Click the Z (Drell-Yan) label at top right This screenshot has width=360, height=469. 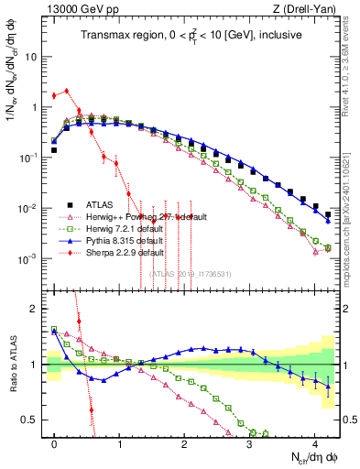(311, 8)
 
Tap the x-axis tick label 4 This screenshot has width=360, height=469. (314, 442)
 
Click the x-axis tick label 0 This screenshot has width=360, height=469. (55, 442)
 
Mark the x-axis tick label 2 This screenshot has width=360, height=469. (184, 442)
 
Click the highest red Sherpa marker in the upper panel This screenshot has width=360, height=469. (67, 90)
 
